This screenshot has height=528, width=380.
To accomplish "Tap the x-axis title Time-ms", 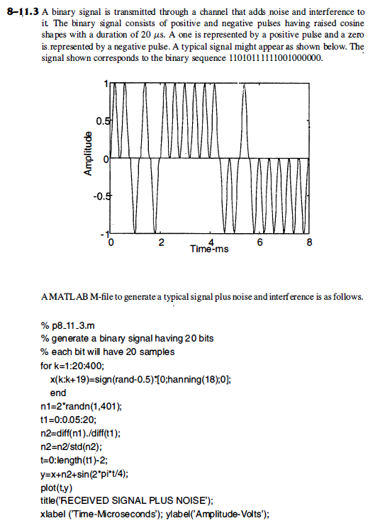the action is [x=208, y=250].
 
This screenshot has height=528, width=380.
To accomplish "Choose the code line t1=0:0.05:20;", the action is [x=72, y=420].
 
